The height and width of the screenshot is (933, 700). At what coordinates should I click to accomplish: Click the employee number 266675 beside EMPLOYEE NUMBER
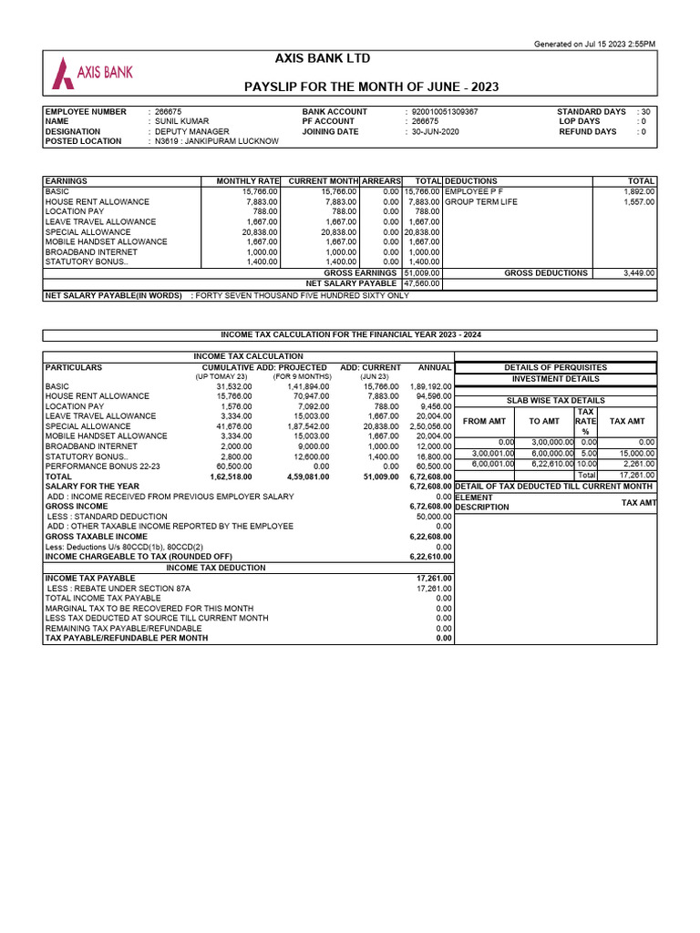[x=170, y=111]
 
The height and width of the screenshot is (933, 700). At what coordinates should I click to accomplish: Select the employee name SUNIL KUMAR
[x=182, y=121]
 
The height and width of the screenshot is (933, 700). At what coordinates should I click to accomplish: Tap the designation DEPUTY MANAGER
[x=192, y=131]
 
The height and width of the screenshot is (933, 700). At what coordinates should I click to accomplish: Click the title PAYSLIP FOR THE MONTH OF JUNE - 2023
[x=372, y=87]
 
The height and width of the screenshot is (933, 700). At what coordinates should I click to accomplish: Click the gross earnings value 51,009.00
[x=422, y=272]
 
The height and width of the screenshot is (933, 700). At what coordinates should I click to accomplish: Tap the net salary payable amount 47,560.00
[x=422, y=283]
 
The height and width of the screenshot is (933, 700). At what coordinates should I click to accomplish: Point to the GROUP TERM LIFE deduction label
[x=480, y=202]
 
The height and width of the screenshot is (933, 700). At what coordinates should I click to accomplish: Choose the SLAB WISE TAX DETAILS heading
[x=556, y=400]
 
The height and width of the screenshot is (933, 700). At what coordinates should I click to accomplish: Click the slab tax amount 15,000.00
[x=636, y=453]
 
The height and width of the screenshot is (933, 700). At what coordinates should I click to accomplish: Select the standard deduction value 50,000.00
[x=433, y=516]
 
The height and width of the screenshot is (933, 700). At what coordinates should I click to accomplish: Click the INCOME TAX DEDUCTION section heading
[x=215, y=567]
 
